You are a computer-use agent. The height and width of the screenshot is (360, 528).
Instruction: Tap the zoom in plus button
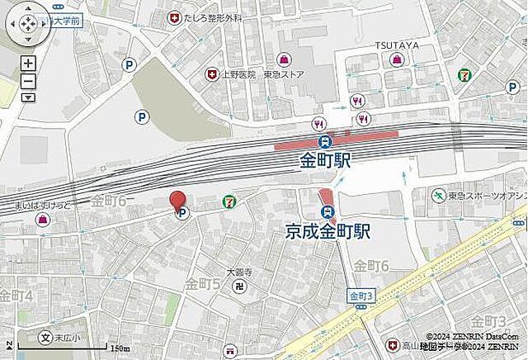click(28, 64)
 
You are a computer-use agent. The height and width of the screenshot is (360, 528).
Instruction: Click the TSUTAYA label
click(397, 44)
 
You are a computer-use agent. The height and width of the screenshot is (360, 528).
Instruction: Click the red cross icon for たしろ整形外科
click(174, 17)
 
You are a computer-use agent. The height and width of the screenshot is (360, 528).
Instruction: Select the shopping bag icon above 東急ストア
click(283, 59)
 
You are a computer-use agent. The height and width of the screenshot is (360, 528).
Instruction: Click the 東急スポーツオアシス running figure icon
click(438, 196)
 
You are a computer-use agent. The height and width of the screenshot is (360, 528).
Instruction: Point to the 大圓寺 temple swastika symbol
click(239, 287)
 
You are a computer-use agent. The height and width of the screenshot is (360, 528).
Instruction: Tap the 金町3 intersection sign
click(361, 296)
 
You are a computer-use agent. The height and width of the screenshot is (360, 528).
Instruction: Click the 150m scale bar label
click(120, 348)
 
